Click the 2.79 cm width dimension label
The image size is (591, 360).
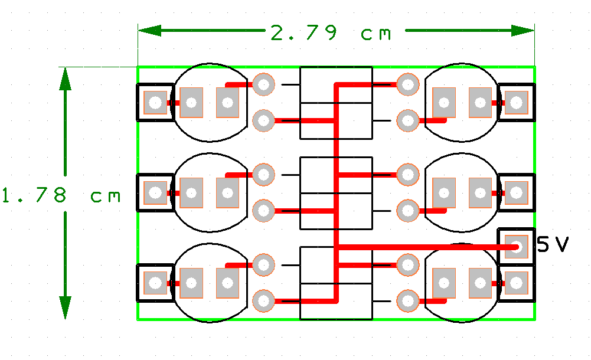click(x=331, y=33)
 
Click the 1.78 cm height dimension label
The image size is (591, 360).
click(x=61, y=195)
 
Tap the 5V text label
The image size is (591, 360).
click(x=553, y=244)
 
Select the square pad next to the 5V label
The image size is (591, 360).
click(x=516, y=247)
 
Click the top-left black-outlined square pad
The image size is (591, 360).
click(x=155, y=103)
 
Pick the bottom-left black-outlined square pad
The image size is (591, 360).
click(x=155, y=283)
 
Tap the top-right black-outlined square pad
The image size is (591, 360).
click(x=516, y=103)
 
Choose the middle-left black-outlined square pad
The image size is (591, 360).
click(x=155, y=193)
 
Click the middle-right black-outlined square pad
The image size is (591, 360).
click(x=516, y=193)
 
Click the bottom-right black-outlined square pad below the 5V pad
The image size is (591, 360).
click(x=516, y=283)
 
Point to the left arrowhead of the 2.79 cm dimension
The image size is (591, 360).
click(x=149, y=31)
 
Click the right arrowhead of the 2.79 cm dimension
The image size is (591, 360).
click(x=523, y=31)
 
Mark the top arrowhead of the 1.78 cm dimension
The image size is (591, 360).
click(x=65, y=79)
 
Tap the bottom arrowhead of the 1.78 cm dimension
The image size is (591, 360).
click(x=65, y=307)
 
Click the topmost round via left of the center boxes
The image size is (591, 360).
click(x=263, y=84)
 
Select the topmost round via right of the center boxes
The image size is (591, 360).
click(x=408, y=84)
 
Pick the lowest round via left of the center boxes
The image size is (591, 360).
click(x=263, y=301)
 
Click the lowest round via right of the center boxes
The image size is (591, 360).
click(x=408, y=301)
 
